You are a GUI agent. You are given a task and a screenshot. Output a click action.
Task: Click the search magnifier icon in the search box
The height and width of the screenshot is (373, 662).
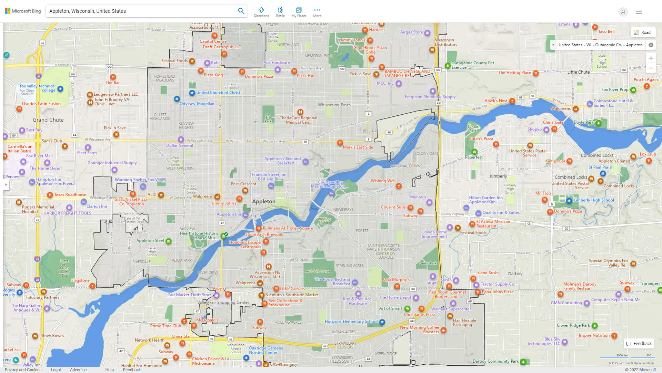coord(241,11)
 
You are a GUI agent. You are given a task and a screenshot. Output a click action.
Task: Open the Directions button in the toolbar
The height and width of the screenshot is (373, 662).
coord(261,12)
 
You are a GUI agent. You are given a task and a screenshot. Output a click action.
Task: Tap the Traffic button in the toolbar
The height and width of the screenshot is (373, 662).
coord(280,12)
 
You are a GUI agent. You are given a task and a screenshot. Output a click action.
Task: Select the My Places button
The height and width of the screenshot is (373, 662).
coord(299,12)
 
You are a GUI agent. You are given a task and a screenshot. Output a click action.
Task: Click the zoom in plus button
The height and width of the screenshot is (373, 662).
coord(651,58)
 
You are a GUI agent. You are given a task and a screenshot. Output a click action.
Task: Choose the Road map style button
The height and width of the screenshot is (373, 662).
coord(643,32)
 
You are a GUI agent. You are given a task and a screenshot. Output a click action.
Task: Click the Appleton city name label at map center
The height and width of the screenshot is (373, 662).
coord(263,201)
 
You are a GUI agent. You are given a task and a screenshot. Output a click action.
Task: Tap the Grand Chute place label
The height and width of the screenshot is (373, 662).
coord(48,120)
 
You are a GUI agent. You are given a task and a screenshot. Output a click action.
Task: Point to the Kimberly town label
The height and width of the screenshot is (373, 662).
coord(498,176)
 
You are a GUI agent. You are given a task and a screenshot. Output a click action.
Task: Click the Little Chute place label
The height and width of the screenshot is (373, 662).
coord(578,72)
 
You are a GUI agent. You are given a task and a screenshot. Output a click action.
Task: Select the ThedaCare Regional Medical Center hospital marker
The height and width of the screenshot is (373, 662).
coord(300,112)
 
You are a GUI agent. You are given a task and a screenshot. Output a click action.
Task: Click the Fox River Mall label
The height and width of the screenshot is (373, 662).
coord(39,156)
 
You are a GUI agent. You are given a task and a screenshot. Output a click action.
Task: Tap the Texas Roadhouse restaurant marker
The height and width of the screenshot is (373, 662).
coord(50,195)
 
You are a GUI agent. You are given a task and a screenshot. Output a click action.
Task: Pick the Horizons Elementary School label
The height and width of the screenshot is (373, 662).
coord(351,322)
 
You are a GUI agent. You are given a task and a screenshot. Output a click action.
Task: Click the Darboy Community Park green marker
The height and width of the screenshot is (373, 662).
coord(523,362)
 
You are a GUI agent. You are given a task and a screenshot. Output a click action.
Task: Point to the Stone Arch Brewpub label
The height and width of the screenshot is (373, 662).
coord(264,234)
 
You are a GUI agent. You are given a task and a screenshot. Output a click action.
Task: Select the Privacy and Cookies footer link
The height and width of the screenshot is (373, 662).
coord(23,370)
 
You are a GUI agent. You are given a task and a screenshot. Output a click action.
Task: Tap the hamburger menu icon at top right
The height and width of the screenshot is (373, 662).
coord(639,12)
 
